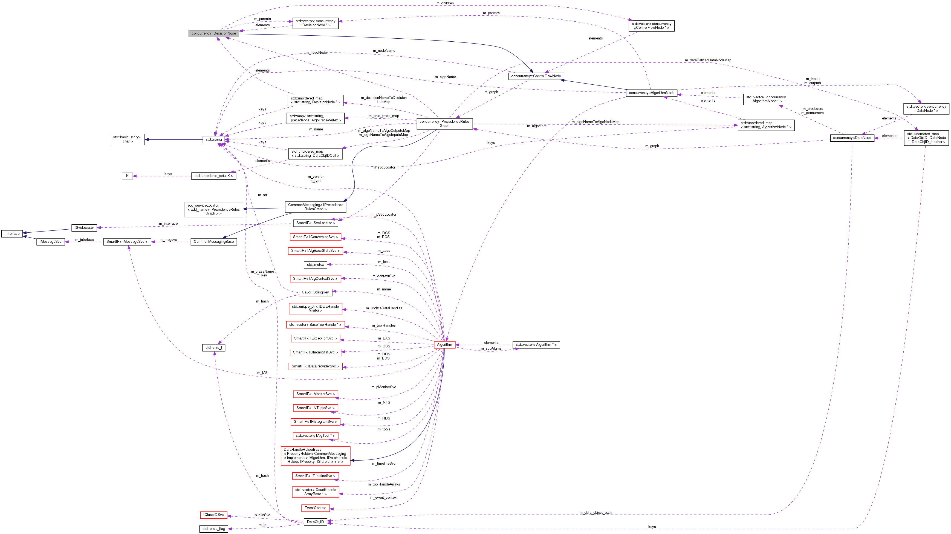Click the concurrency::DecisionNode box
click(213, 33)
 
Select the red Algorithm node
click(444, 344)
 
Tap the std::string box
click(213, 139)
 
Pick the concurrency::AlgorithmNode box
click(651, 93)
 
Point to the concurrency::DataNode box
click(852, 138)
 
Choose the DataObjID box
click(315, 522)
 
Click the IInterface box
click(12, 233)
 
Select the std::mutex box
click(315, 265)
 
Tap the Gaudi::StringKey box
click(315, 292)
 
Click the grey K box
click(127, 176)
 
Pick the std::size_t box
click(213, 348)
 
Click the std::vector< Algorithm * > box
click(536, 345)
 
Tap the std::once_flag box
click(213, 529)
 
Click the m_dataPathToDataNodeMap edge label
click(708, 60)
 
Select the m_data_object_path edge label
click(595, 513)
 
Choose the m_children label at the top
click(445, 3)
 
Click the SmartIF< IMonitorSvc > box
click(315, 394)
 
